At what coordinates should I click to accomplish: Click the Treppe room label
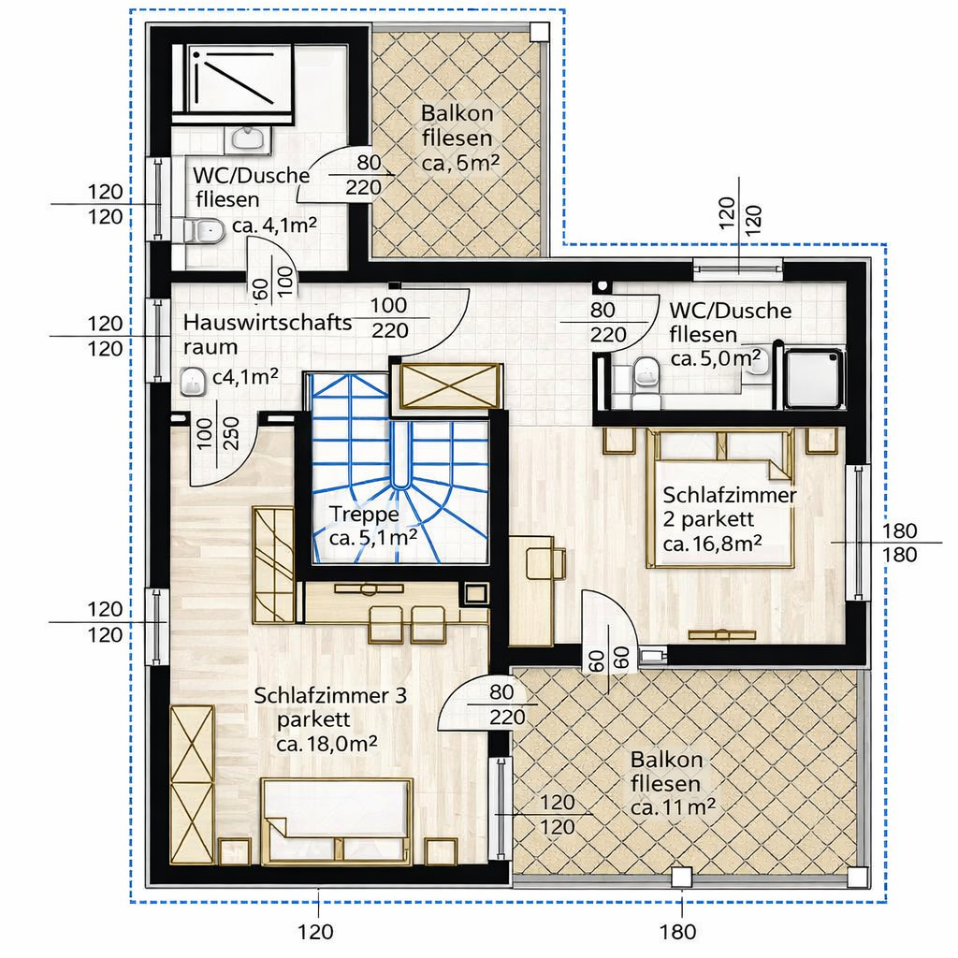click(x=364, y=515)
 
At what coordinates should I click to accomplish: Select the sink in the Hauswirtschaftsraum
click(x=194, y=382)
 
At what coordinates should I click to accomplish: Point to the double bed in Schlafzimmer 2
click(x=721, y=498)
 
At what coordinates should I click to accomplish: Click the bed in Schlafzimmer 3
click(x=337, y=821)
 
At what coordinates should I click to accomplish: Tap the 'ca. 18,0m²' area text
click(x=327, y=745)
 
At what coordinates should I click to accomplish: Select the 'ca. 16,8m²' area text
click(x=712, y=544)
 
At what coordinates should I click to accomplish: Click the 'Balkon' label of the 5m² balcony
click(x=457, y=113)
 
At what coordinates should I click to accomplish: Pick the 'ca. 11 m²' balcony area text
click(x=673, y=807)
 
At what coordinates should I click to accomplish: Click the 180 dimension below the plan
click(x=677, y=932)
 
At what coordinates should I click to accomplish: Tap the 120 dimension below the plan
click(x=315, y=932)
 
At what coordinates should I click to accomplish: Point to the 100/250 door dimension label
click(x=217, y=433)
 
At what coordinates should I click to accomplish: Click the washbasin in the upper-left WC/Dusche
click(x=248, y=140)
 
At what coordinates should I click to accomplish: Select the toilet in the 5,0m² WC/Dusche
click(x=646, y=382)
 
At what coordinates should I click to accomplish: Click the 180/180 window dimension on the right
click(x=899, y=543)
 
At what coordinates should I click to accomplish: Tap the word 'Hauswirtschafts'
click(x=267, y=322)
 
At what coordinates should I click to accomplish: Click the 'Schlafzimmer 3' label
click(x=330, y=696)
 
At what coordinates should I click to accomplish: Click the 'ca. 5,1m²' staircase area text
click(x=372, y=538)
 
